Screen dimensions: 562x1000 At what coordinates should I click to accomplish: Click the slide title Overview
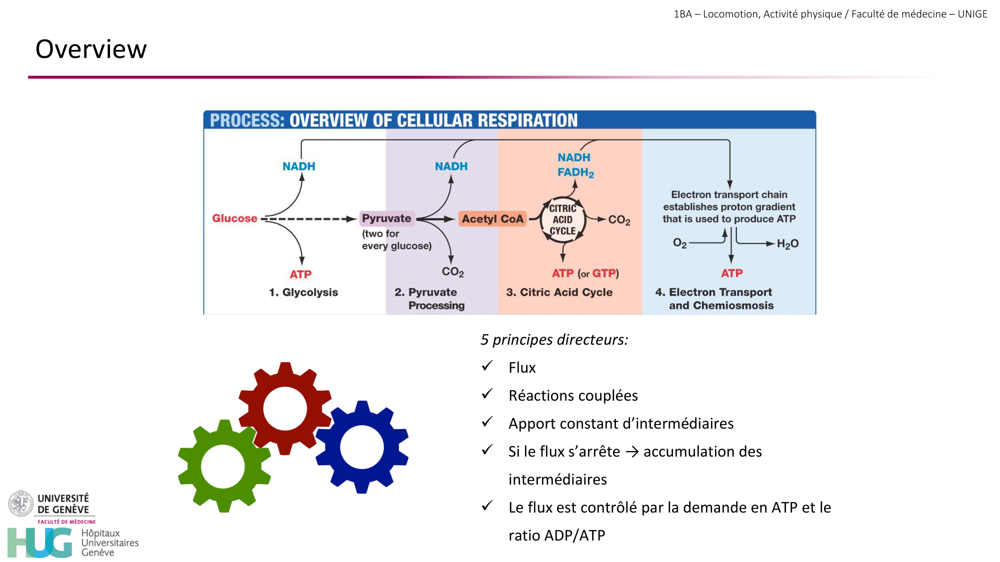click(x=91, y=49)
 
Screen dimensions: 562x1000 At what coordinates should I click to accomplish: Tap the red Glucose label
click(x=234, y=218)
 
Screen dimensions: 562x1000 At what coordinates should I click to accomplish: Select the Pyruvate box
click(x=386, y=218)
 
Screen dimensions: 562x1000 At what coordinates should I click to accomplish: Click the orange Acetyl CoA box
click(x=492, y=219)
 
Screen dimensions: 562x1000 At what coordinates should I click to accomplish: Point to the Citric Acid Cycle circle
click(x=563, y=220)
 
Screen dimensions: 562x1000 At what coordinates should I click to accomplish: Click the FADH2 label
click(x=575, y=172)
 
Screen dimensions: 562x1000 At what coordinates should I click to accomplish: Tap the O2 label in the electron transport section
click(x=679, y=243)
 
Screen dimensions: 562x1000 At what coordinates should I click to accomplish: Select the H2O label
click(x=787, y=244)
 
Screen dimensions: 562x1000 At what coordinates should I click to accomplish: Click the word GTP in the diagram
click(x=604, y=273)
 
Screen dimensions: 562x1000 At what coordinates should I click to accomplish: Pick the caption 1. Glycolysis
click(x=303, y=292)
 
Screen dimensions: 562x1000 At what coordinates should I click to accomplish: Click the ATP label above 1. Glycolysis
click(x=300, y=274)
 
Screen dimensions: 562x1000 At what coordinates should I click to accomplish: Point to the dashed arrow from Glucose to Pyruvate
click(x=310, y=219)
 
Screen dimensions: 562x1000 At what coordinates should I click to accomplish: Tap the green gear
click(x=223, y=466)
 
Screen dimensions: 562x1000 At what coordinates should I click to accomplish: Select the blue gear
click(x=362, y=447)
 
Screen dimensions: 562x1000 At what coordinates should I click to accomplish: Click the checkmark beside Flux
click(x=487, y=366)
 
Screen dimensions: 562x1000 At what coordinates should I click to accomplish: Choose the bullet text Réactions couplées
click(x=573, y=396)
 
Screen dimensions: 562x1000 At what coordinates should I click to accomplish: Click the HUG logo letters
click(x=40, y=543)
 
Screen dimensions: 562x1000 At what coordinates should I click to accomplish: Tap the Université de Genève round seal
click(x=20, y=504)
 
